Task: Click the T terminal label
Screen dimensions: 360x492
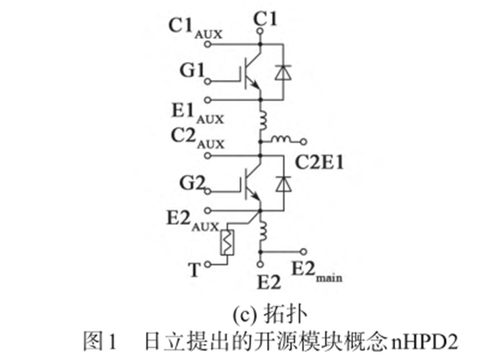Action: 195,268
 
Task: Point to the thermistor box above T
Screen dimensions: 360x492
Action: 228,243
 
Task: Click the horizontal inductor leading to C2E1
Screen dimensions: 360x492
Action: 280,140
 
